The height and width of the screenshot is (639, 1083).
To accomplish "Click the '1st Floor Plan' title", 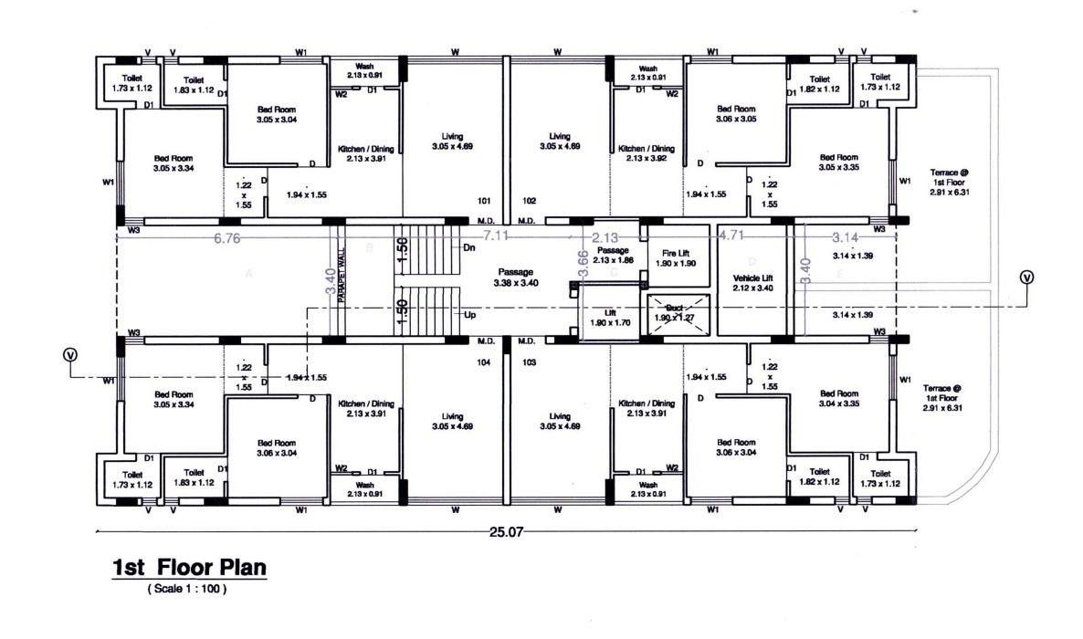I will click(189, 568).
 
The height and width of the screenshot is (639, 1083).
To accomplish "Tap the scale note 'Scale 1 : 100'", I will click(186, 590).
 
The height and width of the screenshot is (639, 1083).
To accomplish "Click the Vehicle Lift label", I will click(753, 283).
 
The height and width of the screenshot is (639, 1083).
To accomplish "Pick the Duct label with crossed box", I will click(676, 313).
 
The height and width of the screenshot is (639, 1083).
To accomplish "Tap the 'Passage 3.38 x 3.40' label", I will click(516, 278).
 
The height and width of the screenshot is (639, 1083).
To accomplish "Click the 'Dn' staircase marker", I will click(470, 247).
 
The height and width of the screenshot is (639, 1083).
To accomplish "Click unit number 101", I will click(484, 200).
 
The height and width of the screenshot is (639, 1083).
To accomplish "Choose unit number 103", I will click(528, 362).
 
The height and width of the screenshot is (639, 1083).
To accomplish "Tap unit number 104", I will click(484, 362).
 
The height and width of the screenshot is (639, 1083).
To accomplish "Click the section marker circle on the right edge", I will click(1027, 278).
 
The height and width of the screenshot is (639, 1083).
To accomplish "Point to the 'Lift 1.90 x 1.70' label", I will click(611, 318).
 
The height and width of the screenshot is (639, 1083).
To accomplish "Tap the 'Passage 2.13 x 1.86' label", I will click(613, 255).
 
